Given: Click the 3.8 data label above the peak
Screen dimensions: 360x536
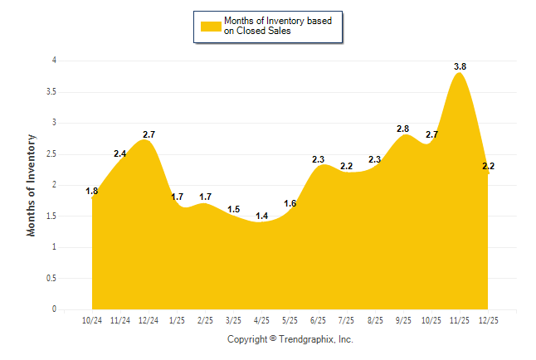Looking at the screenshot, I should [458, 66].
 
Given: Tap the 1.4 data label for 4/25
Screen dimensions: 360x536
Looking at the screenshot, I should [261, 216].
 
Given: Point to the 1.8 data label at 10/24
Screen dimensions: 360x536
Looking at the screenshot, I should [92, 192].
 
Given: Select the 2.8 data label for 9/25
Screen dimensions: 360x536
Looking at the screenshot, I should [402, 129].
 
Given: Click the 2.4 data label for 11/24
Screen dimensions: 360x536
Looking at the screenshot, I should [120, 153].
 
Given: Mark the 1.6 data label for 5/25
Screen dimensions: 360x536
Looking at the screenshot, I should [290, 203].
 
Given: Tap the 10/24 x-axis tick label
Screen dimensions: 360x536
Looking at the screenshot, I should [92, 319].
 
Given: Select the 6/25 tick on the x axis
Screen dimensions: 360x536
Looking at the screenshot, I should [318, 319].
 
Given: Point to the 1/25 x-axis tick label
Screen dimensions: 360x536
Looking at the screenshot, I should [177, 319].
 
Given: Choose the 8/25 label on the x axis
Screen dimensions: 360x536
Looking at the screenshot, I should [374, 319].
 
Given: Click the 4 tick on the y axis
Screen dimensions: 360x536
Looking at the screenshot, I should [54, 61].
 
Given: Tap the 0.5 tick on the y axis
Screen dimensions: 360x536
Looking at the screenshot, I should [51, 279].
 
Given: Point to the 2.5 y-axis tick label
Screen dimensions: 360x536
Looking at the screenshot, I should [51, 154].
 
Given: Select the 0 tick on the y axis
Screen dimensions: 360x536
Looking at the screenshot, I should [54, 309].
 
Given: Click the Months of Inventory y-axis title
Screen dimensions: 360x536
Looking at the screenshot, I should [32, 185].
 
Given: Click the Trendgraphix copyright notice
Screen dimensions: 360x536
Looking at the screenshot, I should [290, 339].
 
